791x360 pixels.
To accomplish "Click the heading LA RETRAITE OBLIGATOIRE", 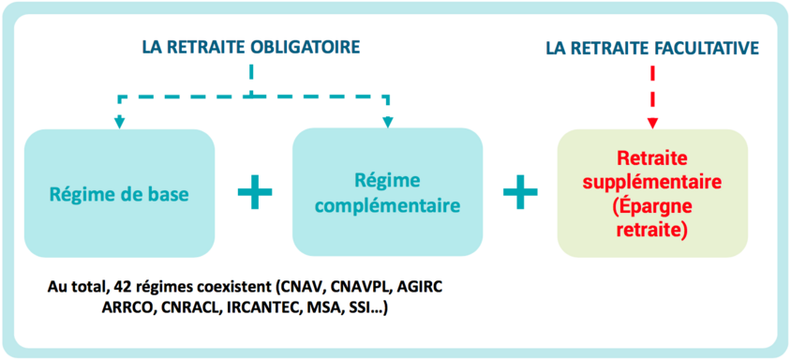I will tap(250, 46).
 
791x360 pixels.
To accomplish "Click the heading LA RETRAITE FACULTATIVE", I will tap(652, 46).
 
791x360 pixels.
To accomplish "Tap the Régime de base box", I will tap(119, 193).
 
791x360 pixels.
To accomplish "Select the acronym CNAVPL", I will tap(366, 285).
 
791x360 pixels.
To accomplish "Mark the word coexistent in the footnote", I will tap(231, 285).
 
